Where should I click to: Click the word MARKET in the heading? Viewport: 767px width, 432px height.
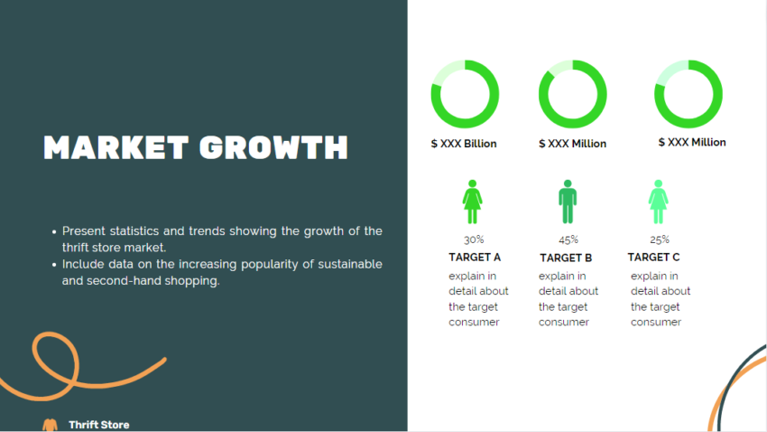click(114, 148)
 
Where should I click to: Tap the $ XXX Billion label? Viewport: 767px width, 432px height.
click(464, 144)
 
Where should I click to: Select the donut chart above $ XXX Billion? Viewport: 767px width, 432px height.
click(465, 93)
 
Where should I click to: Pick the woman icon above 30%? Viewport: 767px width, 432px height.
click(472, 202)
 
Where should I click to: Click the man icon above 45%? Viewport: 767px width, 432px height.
click(567, 202)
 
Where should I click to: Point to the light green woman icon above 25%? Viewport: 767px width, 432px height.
click(659, 202)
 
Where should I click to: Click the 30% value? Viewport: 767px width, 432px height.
click(474, 240)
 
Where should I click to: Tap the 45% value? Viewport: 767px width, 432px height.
click(568, 240)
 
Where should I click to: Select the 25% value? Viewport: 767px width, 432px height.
click(660, 240)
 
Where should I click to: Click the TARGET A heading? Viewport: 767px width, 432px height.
click(475, 258)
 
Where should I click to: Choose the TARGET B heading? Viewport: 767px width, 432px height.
click(566, 258)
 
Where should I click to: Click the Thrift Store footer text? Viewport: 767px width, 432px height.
click(98, 425)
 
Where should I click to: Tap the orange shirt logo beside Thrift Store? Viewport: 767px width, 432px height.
click(50, 424)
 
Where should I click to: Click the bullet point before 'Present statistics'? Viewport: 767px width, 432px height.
click(55, 232)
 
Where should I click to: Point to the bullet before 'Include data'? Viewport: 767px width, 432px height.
click(55, 265)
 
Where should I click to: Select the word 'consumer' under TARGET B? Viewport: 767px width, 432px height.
click(564, 323)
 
